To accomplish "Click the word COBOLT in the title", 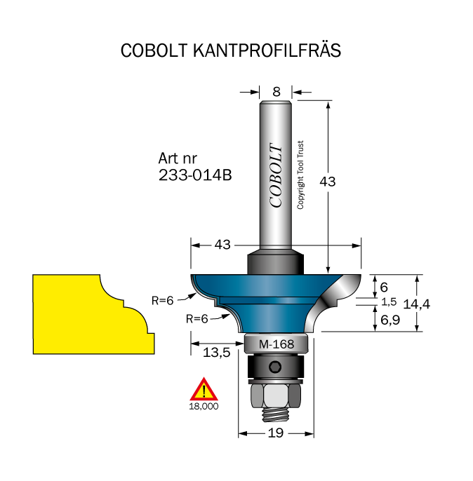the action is click(154, 50).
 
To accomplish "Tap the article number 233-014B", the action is click(195, 175).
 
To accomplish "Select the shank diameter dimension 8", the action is click(277, 92).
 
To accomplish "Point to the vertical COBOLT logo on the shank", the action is click(276, 175).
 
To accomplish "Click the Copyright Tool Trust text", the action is click(300, 175).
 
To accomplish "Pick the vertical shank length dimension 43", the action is click(328, 182).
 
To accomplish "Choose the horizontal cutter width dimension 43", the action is click(222, 245).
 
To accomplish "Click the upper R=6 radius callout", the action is click(163, 301).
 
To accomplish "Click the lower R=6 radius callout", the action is click(197, 319).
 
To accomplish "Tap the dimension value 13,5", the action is click(216, 353).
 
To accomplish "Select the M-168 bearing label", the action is click(277, 344).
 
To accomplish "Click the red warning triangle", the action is click(204, 390).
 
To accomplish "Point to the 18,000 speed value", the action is click(204, 407).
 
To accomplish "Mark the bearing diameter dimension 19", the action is click(276, 433).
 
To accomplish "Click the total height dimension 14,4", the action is click(417, 304).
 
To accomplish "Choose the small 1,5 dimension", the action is click(389, 302).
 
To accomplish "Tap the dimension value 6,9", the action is click(390, 320).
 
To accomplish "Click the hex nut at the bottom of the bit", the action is click(276, 395).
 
